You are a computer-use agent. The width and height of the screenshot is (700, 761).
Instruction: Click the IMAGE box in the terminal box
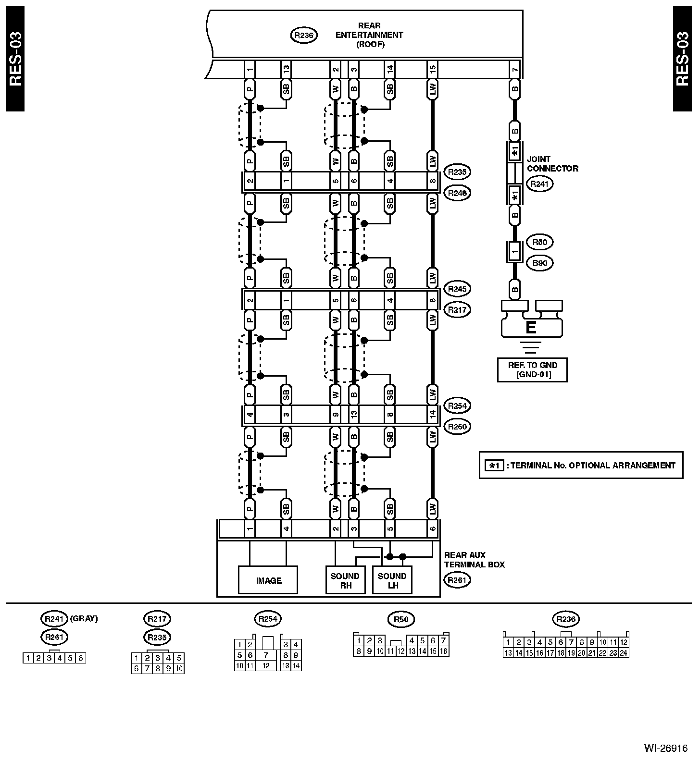(268, 580)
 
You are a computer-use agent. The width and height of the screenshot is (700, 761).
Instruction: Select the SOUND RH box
(345, 580)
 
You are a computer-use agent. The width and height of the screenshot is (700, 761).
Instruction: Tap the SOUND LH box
(392, 580)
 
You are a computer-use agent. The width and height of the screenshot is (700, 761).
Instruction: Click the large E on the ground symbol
(531, 328)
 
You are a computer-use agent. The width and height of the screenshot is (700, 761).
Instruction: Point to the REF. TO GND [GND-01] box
(532, 370)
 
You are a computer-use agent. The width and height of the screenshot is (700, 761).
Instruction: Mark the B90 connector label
(539, 263)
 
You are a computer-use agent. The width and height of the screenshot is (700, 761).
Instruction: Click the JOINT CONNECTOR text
(552, 164)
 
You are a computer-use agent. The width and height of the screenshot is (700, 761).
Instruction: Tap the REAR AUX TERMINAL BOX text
(474, 560)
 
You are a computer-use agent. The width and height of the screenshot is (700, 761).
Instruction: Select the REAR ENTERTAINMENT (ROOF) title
(369, 35)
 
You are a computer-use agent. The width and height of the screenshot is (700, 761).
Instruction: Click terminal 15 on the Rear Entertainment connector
(432, 70)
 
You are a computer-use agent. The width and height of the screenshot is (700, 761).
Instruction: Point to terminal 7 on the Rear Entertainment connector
(515, 70)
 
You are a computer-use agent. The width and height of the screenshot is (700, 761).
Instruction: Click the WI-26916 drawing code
(665, 749)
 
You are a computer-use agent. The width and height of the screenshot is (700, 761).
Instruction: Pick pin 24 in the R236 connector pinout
(624, 653)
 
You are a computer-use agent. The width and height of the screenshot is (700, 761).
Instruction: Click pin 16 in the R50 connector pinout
(443, 651)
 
